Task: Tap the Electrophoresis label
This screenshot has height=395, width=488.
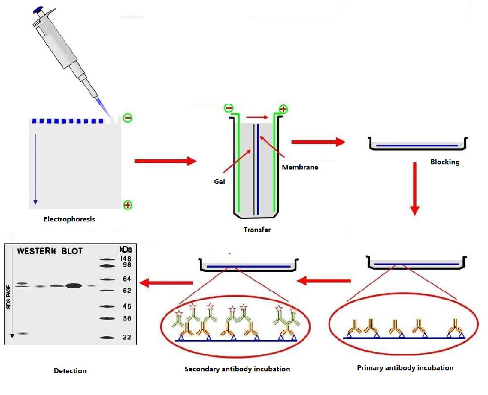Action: point(69,219)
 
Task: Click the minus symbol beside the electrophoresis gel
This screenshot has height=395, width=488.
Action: point(128,118)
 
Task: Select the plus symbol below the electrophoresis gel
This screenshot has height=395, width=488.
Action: point(128,205)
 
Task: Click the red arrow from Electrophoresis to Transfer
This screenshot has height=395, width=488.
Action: point(165,161)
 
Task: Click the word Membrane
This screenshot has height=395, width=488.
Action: point(300,167)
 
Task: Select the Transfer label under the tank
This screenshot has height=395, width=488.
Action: point(257,230)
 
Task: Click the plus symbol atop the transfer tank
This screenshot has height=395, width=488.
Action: point(283,109)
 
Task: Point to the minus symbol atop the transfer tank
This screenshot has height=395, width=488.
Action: point(228,108)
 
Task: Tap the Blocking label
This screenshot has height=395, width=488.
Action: point(445,162)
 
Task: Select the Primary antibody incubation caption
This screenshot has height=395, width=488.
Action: point(405,368)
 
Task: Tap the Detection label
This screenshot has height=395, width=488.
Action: point(70,370)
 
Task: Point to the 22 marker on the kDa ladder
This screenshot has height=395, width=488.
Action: point(126,337)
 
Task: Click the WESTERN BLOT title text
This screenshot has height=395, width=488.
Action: point(50,251)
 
